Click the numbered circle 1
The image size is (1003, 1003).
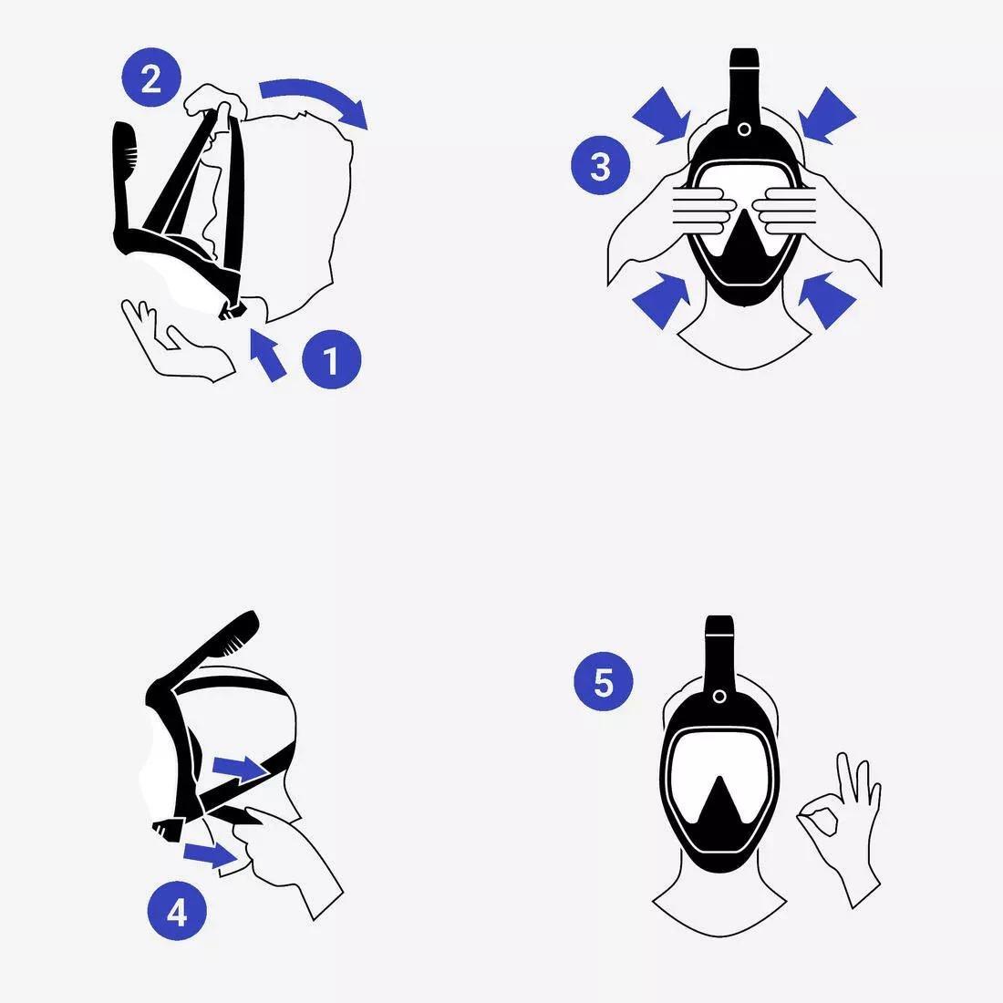(x=331, y=361)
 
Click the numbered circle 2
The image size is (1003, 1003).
(x=151, y=79)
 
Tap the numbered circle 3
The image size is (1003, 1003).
(x=600, y=167)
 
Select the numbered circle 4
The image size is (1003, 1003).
(x=177, y=911)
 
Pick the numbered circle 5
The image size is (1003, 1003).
(x=604, y=682)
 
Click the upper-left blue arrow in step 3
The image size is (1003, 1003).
(x=662, y=115)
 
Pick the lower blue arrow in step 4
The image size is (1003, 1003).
(x=212, y=853)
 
